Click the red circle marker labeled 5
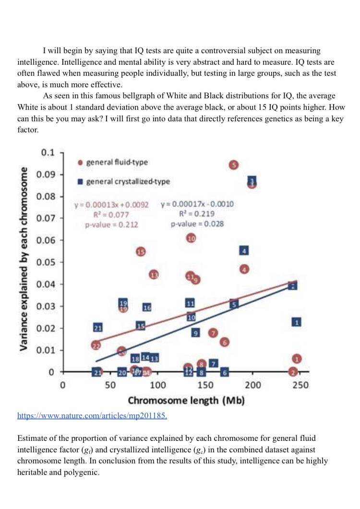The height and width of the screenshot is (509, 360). pyautogui.click(x=234, y=165)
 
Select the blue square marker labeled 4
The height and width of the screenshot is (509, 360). pyautogui.click(x=244, y=251)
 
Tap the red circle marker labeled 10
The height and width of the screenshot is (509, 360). pyautogui.click(x=191, y=238)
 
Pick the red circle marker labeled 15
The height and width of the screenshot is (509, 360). pyautogui.click(x=141, y=252)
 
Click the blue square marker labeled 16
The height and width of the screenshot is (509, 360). pyautogui.click(x=147, y=308)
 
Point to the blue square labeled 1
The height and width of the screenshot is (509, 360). pyautogui.click(x=297, y=322)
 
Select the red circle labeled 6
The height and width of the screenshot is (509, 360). pyautogui.click(x=224, y=342)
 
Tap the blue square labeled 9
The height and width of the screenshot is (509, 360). pyautogui.click(x=196, y=332)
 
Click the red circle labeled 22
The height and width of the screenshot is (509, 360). pyautogui.click(x=96, y=345)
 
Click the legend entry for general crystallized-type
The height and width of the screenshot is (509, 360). pyautogui.click(x=123, y=181)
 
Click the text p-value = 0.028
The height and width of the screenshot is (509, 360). pyautogui.click(x=197, y=224)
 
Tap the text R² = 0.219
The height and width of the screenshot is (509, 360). pyautogui.click(x=197, y=214)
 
